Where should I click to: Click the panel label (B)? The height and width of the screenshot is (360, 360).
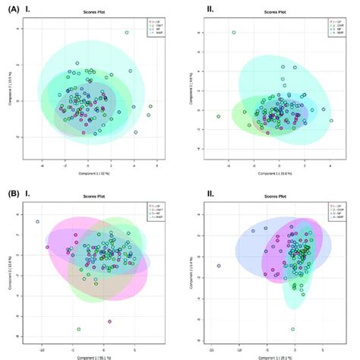[x=12, y=194]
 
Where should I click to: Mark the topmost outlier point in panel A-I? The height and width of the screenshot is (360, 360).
[x=126, y=33]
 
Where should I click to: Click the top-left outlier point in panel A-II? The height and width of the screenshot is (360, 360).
[x=234, y=33]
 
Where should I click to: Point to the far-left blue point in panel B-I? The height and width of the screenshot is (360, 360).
[x=37, y=222]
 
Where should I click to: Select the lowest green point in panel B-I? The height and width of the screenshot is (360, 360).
[x=78, y=329]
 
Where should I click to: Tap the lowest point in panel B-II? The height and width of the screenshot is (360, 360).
[x=292, y=329]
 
